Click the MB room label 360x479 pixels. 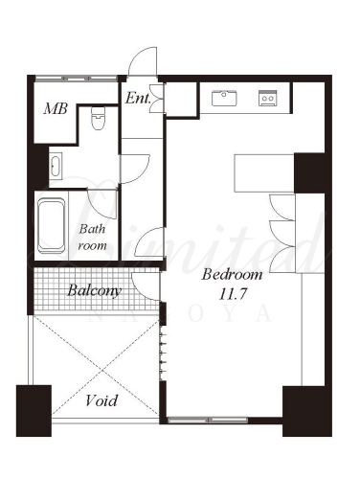pyautogui.click(x=56, y=108)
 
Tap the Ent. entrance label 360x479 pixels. pyautogui.click(x=138, y=98)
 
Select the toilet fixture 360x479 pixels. pyautogui.click(x=98, y=119)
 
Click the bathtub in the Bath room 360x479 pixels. pyautogui.click(x=52, y=225)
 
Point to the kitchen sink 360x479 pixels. pyautogui.click(x=224, y=99)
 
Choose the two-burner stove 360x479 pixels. pyautogui.click(x=267, y=98)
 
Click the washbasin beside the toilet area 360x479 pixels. pyautogui.click(x=56, y=165)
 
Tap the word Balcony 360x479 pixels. pyautogui.click(x=95, y=291)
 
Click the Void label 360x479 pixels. pyautogui.click(x=101, y=400)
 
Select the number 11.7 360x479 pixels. pyautogui.click(x=233, y=294)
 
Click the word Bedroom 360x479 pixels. pyautogui.click(x=232, y=275)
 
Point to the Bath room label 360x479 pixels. pyautogui.click(x=92, y=238)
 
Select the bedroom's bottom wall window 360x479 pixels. pyautogui.click(x=208, y=420)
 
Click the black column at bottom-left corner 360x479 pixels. pyautogui.click(x=34, y=411)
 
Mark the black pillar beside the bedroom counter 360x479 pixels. pyautogui.click(x=309, y=173)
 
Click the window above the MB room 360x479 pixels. pyautogui.click(x=77, y=78)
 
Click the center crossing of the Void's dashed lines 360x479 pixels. pyautogui.click(x=102, y=371)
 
